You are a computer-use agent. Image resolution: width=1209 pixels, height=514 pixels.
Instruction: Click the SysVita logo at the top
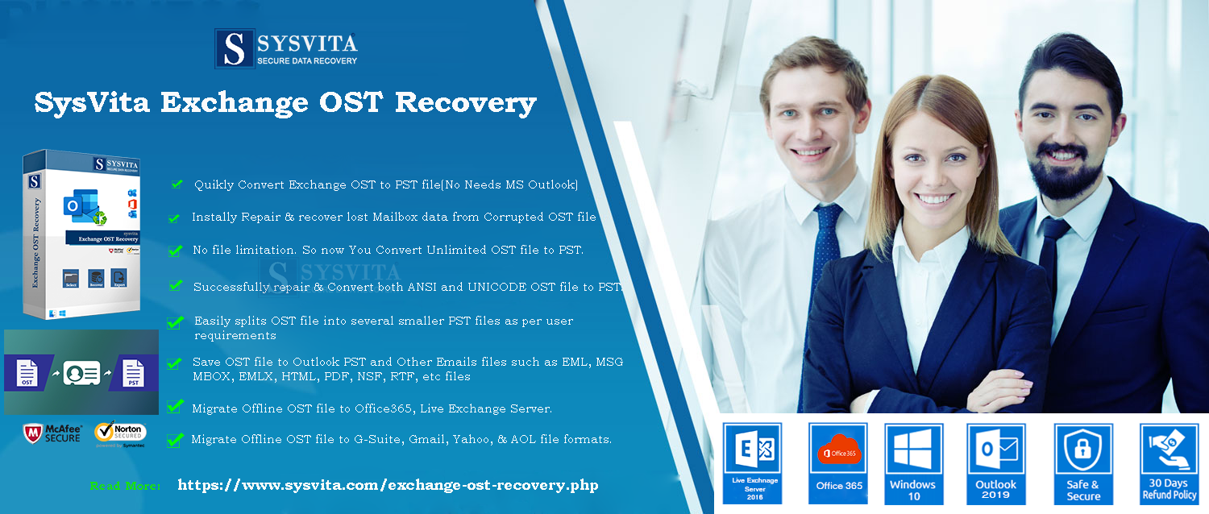(x=286, y=48)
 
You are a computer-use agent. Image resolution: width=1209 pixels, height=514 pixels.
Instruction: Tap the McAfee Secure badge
(x=53, y=433)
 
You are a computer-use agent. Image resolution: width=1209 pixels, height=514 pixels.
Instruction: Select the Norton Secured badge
(x=120, y=434)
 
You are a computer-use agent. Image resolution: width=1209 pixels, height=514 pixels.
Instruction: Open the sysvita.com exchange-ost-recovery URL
(x=388, y=485)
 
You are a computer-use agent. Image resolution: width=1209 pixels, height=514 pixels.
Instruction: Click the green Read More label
(x=125, y=486)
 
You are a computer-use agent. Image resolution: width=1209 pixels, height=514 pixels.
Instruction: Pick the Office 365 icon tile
(x=839, y=462)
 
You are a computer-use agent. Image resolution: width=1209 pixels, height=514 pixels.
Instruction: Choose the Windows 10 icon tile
(x=912, y=462)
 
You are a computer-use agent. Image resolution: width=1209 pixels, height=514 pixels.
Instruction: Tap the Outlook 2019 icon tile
(x=996, y=462)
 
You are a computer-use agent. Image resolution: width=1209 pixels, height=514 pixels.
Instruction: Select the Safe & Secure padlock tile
(x=1083, y=462)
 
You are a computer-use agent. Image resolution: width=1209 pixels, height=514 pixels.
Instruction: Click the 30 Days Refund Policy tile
(x=1170, y=462)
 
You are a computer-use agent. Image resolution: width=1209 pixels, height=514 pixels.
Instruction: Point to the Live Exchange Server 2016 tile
(x=752, y=462)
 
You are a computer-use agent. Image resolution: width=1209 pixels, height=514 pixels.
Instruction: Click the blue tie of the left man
(x=826, y=242)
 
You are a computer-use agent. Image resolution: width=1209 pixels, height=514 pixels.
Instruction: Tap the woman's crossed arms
(x=927, y=379)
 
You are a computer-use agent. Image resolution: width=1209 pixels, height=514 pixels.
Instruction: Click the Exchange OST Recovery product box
(x=81, y=234)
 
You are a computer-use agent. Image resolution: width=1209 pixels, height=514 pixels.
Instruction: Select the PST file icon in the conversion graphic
(x=133, y=373)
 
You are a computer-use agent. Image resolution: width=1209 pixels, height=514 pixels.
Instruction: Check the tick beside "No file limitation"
(x=175, y=251)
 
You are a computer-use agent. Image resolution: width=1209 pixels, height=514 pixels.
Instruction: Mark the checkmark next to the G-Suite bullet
(x=174, y=440)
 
